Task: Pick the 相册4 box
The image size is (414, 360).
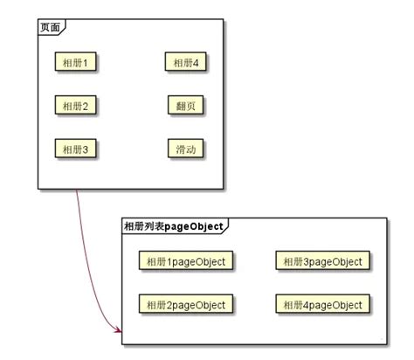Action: coord(186,62)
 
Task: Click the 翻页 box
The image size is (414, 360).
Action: coord(186,106)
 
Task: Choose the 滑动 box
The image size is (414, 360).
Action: coord(186,149)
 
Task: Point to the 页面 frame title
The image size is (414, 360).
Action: coord(50,28)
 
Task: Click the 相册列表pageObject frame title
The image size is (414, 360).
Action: coord(173,226)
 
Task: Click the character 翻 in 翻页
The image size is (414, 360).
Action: coord(181,106)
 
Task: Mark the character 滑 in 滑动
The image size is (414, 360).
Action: coord(181,149)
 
